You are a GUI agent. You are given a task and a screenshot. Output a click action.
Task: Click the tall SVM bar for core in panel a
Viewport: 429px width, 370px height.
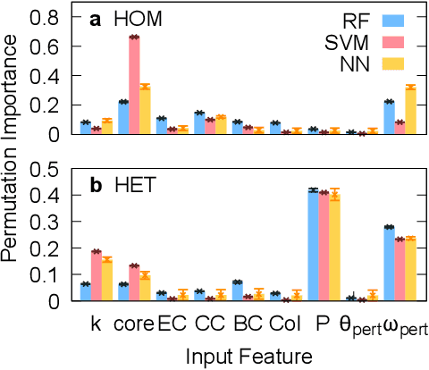[134, 86]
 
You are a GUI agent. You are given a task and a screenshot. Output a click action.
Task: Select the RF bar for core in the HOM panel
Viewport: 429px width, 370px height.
[123, 118]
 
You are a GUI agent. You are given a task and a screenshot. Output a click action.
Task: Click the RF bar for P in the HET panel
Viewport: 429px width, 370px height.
[313, 245]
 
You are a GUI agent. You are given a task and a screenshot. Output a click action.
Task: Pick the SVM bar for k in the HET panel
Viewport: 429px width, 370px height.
[96, 276]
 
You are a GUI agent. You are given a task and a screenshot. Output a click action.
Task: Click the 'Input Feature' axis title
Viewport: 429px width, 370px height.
[248, 357]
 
